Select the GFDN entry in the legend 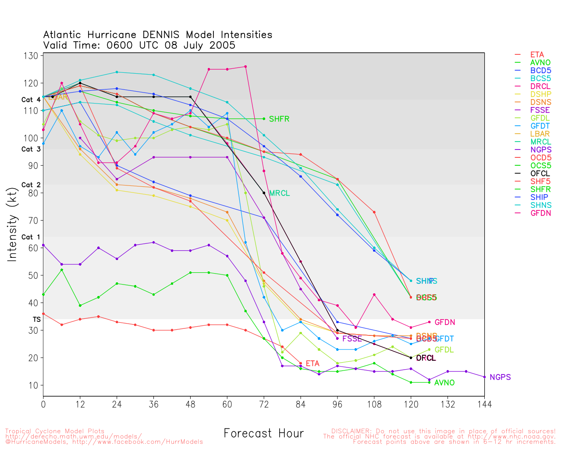[x=540, y=213]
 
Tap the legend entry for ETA [x=537, y=55]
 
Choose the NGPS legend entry [x=540, y=150]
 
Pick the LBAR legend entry [x=540, y=134]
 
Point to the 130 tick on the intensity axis [x=32, y=56]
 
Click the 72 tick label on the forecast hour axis [x=264, y=404]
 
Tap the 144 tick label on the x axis [x=484, y=404]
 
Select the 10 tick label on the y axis [x=34, y=385]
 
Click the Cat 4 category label [x=31, y=100]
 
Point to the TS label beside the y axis [x=36, y=320]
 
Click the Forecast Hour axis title [x=263, y=434]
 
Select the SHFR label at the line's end [x=279, y=119]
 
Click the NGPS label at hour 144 [x=500, y=378]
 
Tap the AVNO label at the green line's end [x=444, y=383]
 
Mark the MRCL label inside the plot [x=279, y=193]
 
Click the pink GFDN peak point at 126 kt [x=245, y=67]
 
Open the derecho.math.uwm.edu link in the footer [x=73, y=437]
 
